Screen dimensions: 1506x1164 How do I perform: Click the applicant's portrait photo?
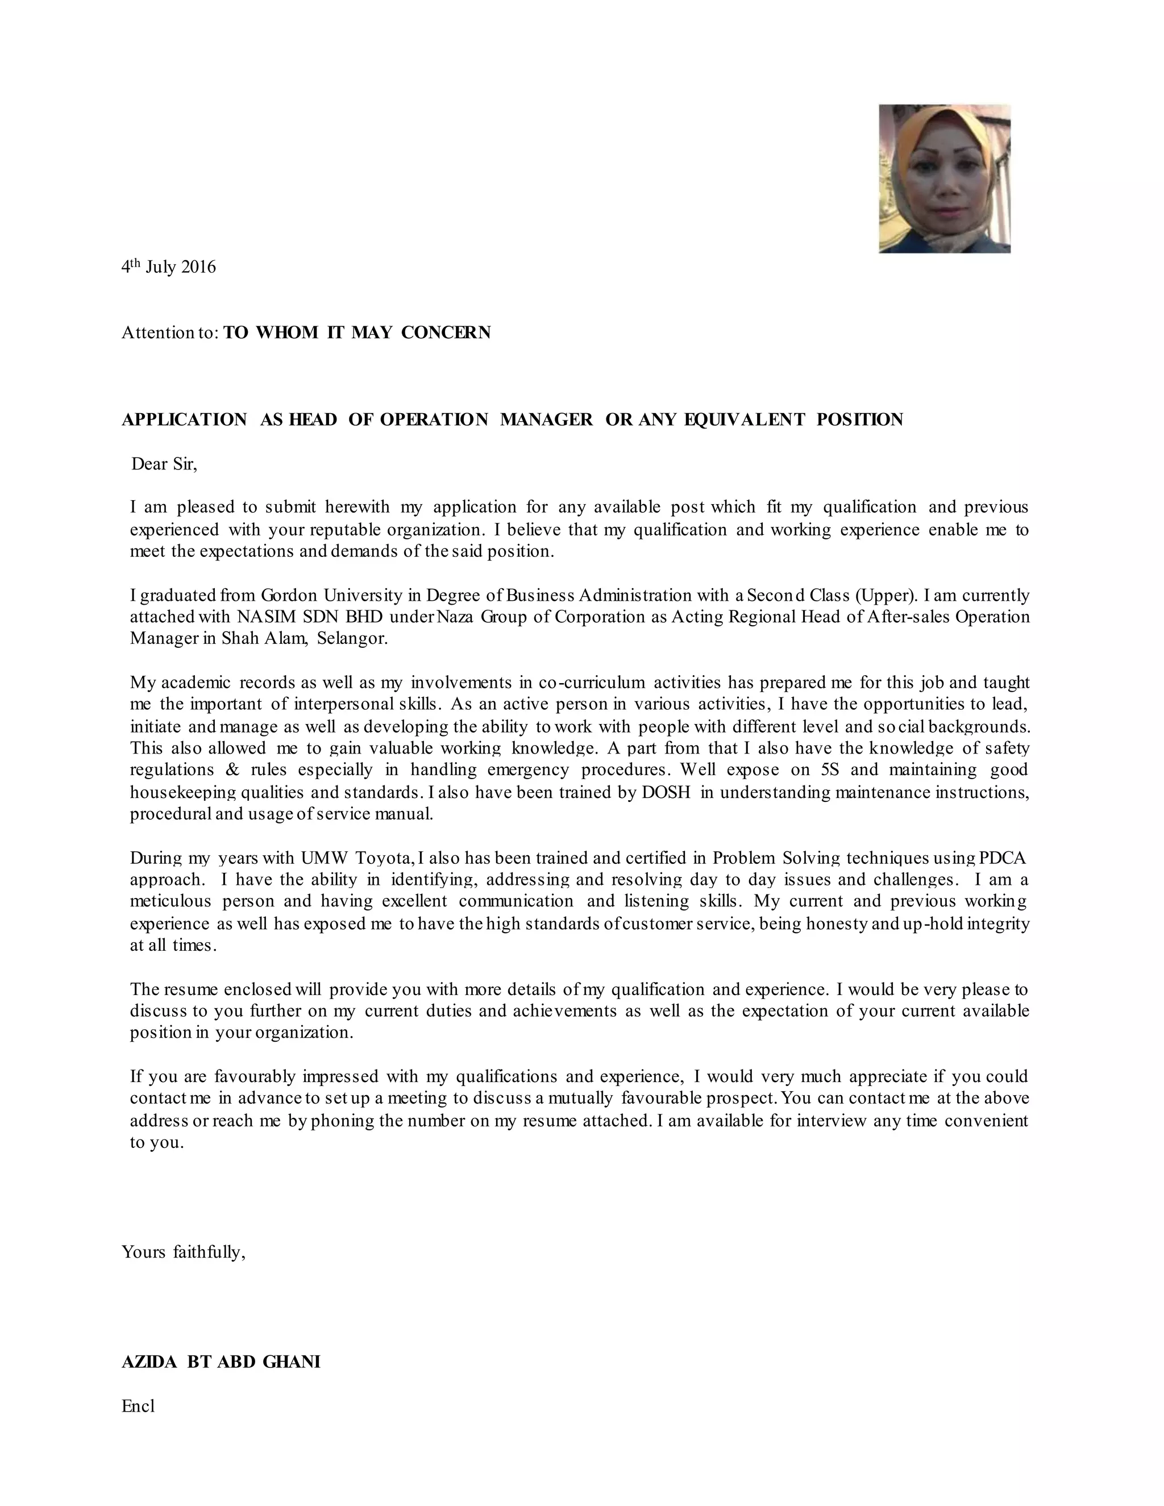click(944, 178)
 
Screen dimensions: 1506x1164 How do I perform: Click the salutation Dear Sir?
click(164, 464)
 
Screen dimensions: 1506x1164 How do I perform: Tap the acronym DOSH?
click(666, 792)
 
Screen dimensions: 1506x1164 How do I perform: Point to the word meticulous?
click(171, 901)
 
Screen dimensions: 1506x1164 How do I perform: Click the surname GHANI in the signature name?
click(292, 1361)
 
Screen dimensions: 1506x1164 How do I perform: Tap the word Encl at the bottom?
click(138, 1405)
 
